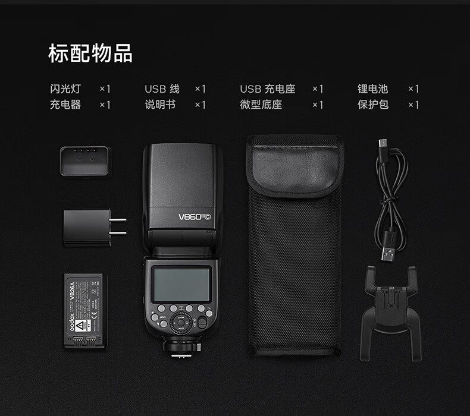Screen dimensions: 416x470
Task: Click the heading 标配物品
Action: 90,53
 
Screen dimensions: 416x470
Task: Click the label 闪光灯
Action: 65,89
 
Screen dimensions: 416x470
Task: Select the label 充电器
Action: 65,105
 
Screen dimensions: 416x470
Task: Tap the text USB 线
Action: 162,89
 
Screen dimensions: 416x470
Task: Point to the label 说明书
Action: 160,105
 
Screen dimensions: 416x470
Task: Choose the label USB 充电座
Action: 267,89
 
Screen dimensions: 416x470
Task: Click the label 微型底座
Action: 261,105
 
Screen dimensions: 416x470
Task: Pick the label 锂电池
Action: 372,89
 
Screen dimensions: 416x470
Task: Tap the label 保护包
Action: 372,105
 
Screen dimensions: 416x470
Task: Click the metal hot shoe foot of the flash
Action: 182,352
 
